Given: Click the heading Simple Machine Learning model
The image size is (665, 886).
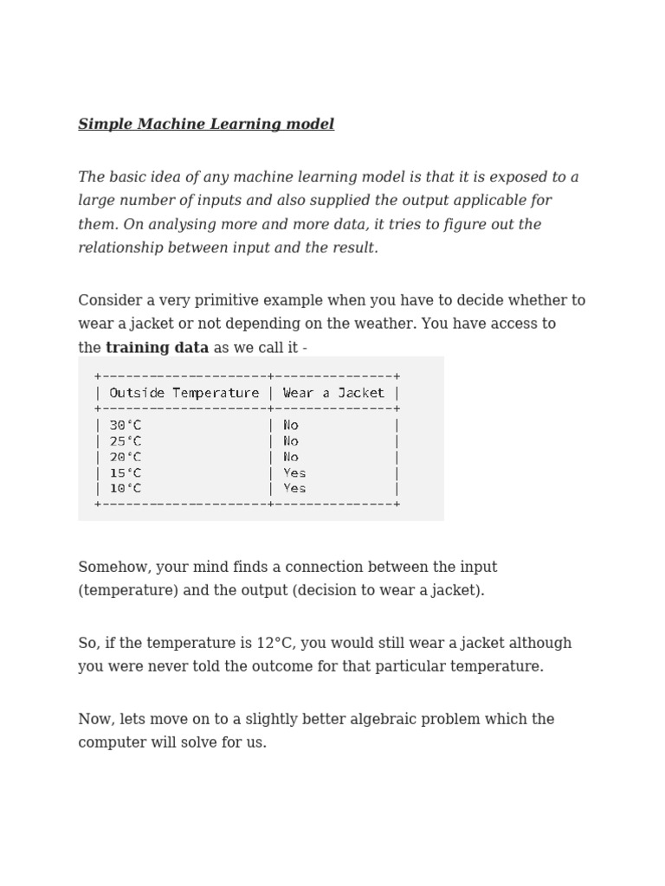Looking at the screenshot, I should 206,125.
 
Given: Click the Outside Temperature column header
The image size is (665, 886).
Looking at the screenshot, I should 184,393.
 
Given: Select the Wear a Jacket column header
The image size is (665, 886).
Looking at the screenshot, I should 333,393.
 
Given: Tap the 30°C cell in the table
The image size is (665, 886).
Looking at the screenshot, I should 126,426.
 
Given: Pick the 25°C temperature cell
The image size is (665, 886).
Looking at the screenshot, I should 126,441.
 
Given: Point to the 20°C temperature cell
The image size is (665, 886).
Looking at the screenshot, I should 126,457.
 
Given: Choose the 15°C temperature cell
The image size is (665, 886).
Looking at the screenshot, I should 126,473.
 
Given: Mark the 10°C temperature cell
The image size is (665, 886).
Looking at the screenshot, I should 126,489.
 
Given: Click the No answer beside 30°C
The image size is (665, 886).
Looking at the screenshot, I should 291,426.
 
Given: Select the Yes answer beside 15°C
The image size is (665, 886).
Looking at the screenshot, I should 294,473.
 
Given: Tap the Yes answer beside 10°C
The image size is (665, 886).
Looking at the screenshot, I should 294,489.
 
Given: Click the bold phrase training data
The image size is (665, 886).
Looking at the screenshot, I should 157,348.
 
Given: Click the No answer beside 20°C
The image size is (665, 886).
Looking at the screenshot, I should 291,457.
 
